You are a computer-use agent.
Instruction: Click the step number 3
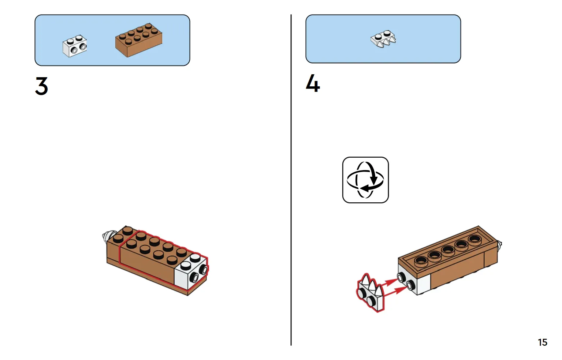(x=41, y=86)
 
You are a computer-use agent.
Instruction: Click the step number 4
(x=313, y=83)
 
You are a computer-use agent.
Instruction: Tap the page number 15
(x=543, y=342)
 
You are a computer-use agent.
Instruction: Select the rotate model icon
(x=365, y=180)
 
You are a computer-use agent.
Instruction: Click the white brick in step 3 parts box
(x=75, y=46)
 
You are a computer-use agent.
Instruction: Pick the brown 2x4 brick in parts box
(x=139, y=40)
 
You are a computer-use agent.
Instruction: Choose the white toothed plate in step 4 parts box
(x=383, y=39)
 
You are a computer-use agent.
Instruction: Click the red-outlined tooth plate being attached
(x=370, y=293)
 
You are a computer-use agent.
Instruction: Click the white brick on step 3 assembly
(x=191, y=272)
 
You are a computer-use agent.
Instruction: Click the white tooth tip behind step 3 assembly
(x=107, y=237)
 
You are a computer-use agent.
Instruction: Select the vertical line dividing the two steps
(x=291, y=180)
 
